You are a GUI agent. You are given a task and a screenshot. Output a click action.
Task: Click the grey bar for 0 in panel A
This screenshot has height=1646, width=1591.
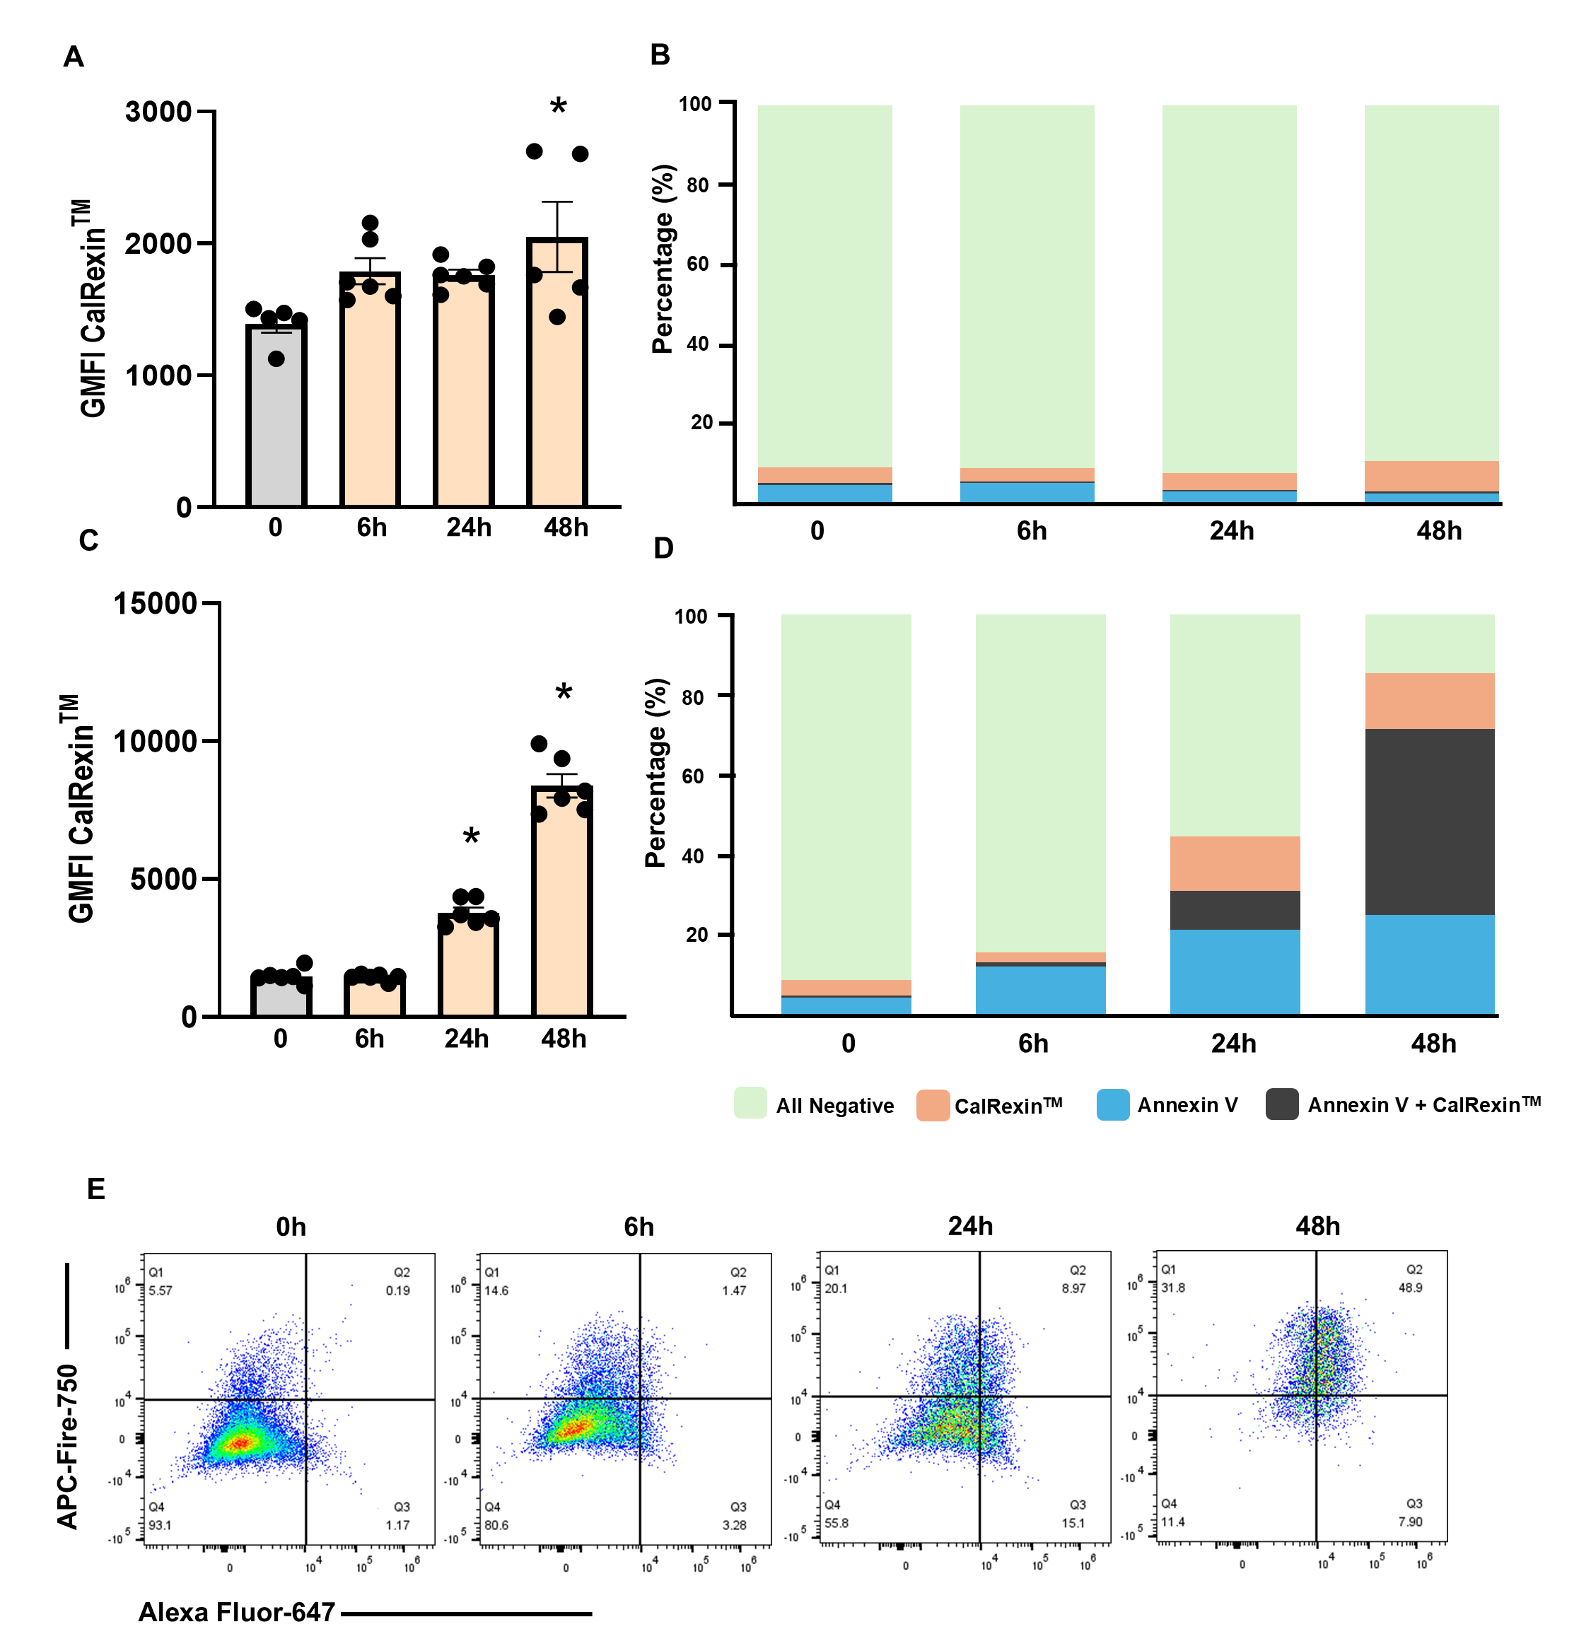pyautogui.click(x=276, y=416)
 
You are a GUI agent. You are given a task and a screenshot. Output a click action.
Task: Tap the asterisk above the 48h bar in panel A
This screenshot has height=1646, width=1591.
pyautogui.click(x=558, y=107)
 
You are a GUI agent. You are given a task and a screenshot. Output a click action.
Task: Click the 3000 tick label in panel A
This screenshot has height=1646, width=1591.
pyautogui.click(x=158, y=112)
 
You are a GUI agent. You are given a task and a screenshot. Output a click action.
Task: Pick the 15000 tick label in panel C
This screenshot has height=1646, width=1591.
pyautogui.click(x=155, y=603)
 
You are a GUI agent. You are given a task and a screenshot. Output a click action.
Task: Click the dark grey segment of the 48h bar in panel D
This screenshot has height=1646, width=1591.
pyautogui.click(x=1429, y=822)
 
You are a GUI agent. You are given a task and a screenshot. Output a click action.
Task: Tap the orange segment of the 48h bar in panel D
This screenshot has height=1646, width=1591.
pyautogui.click(x=1429, y=701)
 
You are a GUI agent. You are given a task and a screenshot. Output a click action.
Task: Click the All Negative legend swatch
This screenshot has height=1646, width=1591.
pyautogui.click(x=750, y=1104)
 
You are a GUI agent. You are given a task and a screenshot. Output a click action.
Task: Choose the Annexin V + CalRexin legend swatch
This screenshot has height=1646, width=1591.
pyautogui.click(x=1281, y=1104)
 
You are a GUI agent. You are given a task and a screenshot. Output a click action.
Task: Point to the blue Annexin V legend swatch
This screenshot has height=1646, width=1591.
pyautogui.click(x=1112, y=1104)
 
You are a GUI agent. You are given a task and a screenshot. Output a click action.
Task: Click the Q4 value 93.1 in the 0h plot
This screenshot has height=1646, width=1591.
pyautogui.click(x=160, y=1525)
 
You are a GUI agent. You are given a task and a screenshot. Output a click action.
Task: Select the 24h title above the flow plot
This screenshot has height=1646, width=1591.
pyautogui.click(x=970, y=1226)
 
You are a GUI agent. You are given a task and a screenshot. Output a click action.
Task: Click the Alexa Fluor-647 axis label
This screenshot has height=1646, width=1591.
pyautogui.click(x=236, y=1611)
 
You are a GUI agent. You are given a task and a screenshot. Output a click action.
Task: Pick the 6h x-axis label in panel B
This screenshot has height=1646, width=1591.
pyautogui.click(x=1032, y=531)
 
